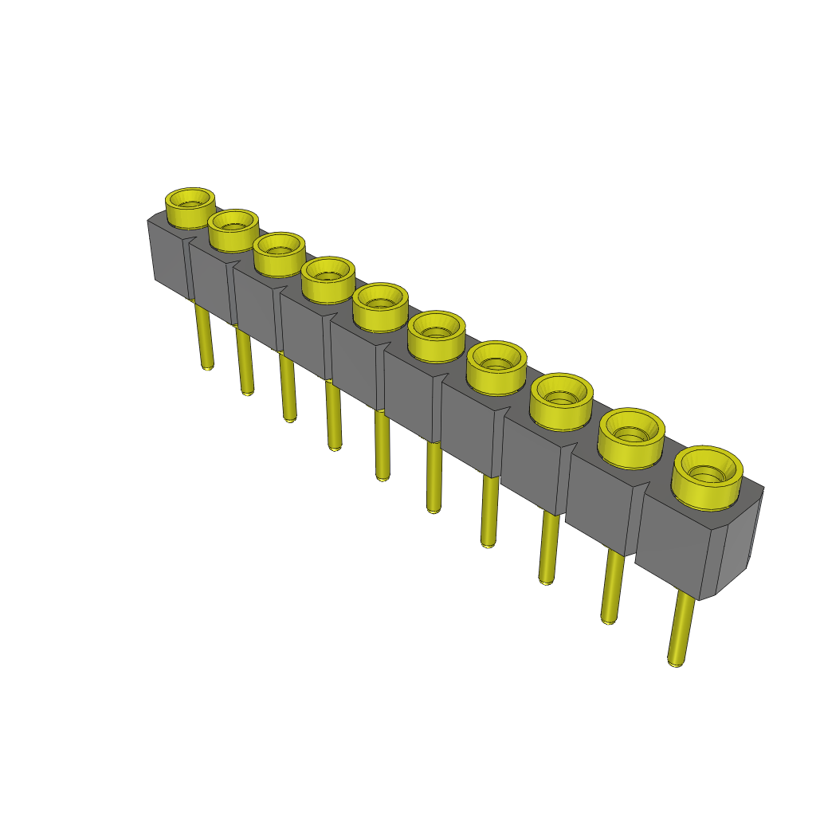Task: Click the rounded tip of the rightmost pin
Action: (x=675, y=661)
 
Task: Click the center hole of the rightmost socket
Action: (x=706, y=475)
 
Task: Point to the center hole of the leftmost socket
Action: (x=190, y=205)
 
